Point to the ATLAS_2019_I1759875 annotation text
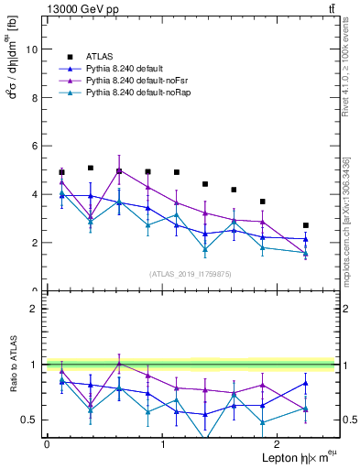(x=190, y=273)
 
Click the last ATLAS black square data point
(x=306, y=225)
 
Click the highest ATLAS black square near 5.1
(x=91, y=168)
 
